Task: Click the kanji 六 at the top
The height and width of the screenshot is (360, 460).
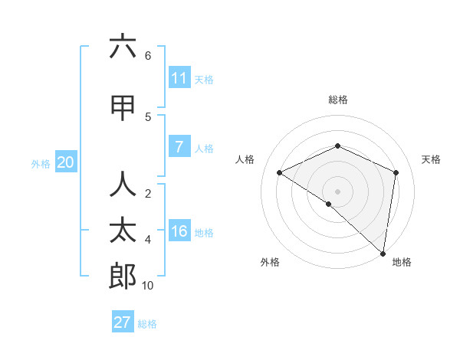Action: click(x=123, y=47)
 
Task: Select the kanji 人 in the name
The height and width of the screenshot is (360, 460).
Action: click(x=123, y=185)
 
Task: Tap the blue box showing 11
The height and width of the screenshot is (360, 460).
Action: click(x=179, y=78)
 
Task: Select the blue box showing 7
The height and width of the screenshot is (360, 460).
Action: click(x=179, y=146)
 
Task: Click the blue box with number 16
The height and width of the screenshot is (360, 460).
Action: click(x=179, y=232)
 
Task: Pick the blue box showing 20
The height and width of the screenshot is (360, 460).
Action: click(x=66, y=162)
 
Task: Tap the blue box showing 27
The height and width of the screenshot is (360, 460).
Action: click(x=123, y=322)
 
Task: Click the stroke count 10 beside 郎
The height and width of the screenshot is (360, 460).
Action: click(x=148, y=286)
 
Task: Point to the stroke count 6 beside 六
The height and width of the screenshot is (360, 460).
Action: click(x=148, y=56)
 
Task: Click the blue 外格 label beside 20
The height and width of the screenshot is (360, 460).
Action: click(x=41, y=163)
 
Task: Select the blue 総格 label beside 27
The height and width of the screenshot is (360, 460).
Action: click(x=147, y=324)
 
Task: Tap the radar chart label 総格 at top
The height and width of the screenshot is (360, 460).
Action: click(x=337, y=100)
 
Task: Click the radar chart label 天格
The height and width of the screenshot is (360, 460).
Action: click(x=431, y=159)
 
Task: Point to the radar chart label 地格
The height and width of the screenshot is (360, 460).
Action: click(x=402, y=262)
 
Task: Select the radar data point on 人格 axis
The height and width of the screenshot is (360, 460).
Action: click(x=280, y=173)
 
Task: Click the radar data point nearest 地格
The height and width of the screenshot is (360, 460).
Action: click(x=383, y=254)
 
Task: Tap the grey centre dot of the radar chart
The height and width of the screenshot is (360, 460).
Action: click(x=337, y=191)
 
